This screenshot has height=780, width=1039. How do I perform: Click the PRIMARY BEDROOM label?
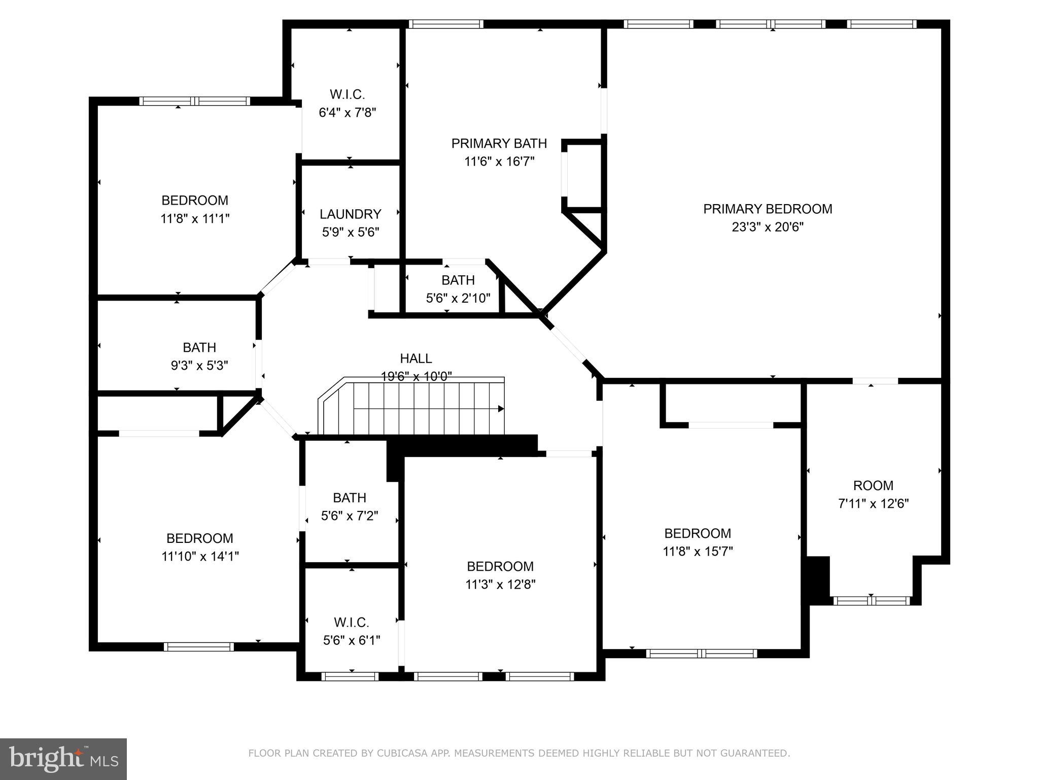pyautogui.click(x=767, y=209)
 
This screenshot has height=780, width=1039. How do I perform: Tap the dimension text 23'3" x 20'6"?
pyautogui.click(x=767, y=227)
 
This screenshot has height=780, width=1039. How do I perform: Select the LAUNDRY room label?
pyautogui.click(x=350, y=214)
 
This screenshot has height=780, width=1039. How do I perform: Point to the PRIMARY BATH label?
pyautogui.click(x=499, y=143)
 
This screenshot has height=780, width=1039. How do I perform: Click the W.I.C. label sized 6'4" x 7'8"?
pyautogui.click(x=347, y=94)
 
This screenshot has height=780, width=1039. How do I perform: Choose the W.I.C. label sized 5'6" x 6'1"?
pyautogui.click(x=351, y=622)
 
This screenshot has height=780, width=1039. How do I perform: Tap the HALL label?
pyautogui.click(x=416, y=359)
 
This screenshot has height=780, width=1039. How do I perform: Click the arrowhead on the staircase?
pyautogui.click(x=501, y=409)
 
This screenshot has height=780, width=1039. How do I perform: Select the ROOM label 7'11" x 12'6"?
pyautogui.click(x=873, y=485)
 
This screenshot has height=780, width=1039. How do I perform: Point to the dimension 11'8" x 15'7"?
pyautogui.click(x=698, y=551)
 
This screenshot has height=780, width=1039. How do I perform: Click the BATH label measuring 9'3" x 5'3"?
pyautogui.click(x=199, y=347)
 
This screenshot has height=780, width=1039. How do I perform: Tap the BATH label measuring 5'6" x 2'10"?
pyautogui.click(x=458, y=280)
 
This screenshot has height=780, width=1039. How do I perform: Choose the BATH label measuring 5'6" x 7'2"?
pyautogui.click(x=350, y=498)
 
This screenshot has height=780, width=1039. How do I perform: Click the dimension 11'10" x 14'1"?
pyautogui.click(x=200, y=557)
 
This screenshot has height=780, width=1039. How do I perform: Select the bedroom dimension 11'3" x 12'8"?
pyautogui.click(x=500, y=584)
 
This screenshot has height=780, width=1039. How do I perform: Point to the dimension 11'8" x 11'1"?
pyautogui.click(x=195, y=219)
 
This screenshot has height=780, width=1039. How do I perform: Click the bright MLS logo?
pyautogui.click(x=63, y=759)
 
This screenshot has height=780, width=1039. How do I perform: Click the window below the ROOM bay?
pyautogui.click(x=872, y=601)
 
